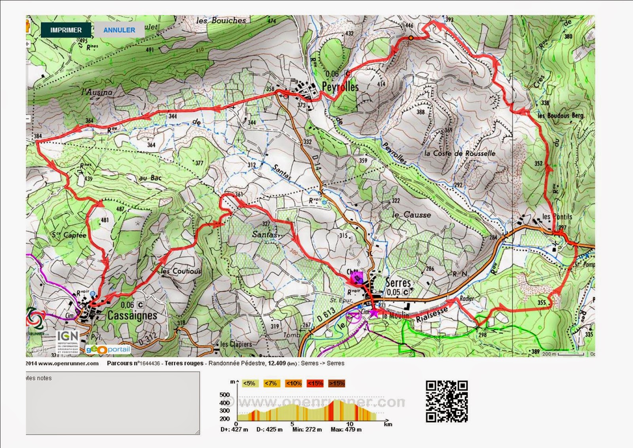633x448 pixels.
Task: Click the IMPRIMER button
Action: pos(66,30)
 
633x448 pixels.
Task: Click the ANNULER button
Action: pos(119,30)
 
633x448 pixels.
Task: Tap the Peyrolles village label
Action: pos(340,87)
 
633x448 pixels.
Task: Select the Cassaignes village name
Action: pos(132,316)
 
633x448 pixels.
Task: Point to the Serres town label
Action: pos(398,283)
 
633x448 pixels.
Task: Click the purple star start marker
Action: pos(373,313)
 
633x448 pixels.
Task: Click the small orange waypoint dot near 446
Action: pos(411,38)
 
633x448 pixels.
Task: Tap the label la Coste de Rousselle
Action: pos(459,153)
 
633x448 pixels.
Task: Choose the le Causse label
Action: pos(411,215)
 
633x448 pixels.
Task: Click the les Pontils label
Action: pos(557,217)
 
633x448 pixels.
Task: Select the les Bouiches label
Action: pos(221,20)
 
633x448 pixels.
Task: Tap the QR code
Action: pos(447,401)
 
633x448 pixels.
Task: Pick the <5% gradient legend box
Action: pos(249,383)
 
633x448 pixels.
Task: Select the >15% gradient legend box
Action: pos(336,383)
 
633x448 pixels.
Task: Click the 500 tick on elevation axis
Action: pos(224,395)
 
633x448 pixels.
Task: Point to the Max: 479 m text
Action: pos(346,429)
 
